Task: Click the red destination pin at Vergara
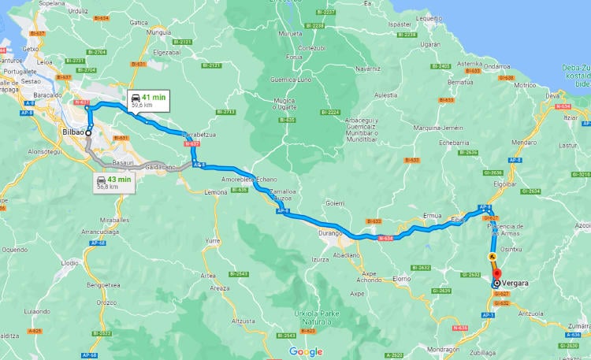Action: point(496,275)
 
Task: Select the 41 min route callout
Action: point(147,100)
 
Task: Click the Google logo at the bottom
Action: point(305,351)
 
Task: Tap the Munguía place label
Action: point(158,33)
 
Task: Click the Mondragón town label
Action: point(442,348)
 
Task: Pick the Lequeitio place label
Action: point(429,17)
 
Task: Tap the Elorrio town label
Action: point(402,278)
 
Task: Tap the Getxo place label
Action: point(32,49)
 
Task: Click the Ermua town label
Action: point(433,215)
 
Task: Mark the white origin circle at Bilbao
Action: point(88,133)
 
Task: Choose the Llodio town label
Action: point(69,262)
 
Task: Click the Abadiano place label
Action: point(346,254)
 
